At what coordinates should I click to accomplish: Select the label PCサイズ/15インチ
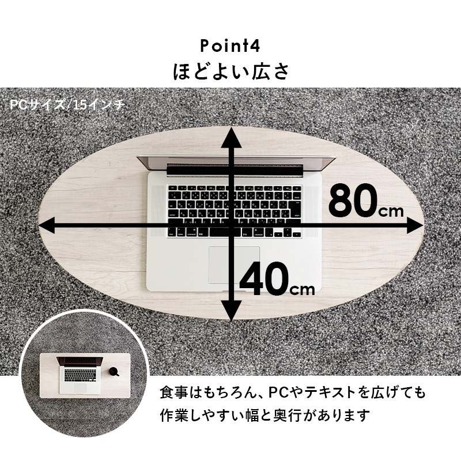(x=67, y=105)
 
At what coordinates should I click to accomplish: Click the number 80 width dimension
(x=353, y=200)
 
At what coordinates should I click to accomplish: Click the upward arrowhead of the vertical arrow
(x=232, y=137)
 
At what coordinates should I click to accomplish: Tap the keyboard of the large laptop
(x=233, y=210)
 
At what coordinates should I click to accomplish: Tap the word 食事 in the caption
(x=173, y=393)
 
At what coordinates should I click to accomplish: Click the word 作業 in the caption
(x=173, y=414)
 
